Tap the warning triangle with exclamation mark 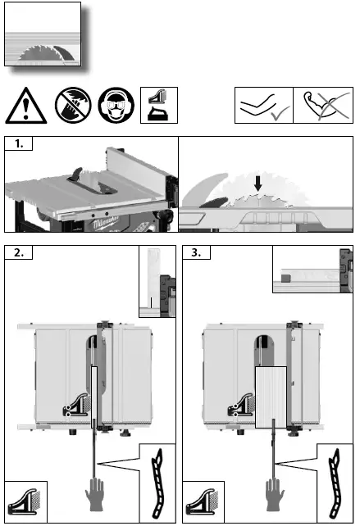pyautogui.click(x=25, y=107)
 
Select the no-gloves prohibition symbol pyautogui.click(x=71, y=107)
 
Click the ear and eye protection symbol pyautogui.click(x=115, y=107)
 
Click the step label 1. pyautogui.click(x=18, y=145)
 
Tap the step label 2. pyautogui.click(x=18, y=253)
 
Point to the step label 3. pyautogui.click(x=196, y=253)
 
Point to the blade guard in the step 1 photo pyautogui.click(x=75, y=174)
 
